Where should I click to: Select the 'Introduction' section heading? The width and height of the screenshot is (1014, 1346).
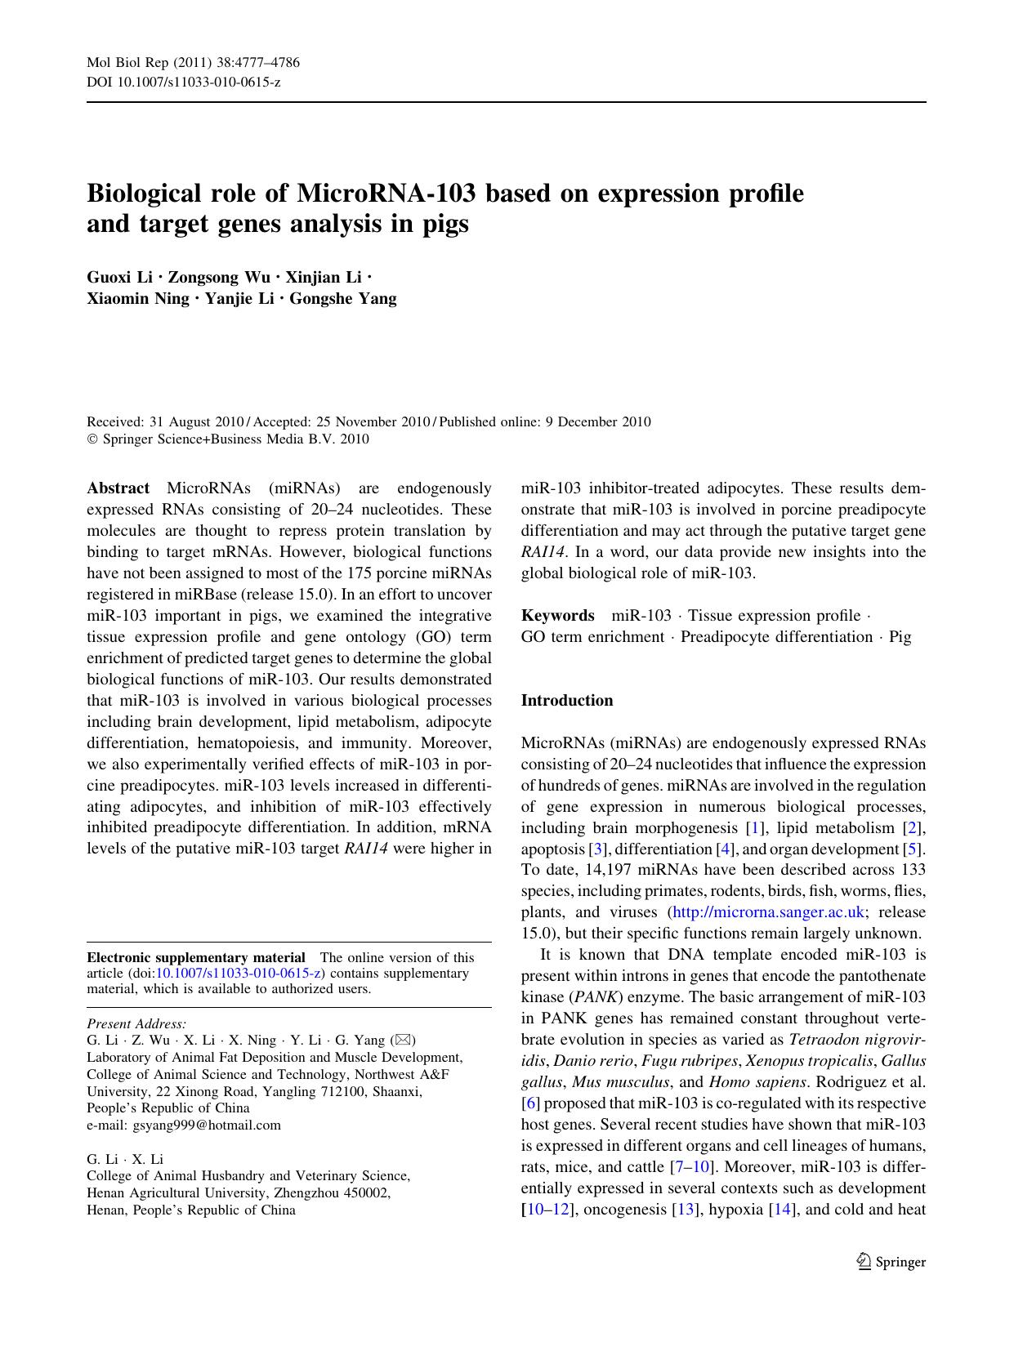tap(567, 700)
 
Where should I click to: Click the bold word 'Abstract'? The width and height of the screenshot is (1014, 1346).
tap(118, 488)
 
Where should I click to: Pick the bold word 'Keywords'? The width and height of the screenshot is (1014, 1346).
tap(557, 615)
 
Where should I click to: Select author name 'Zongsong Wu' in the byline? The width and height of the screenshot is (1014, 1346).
tap(219, 277)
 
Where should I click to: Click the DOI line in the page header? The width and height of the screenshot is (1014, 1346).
tap(184, 82)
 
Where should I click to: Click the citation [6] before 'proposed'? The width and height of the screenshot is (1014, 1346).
tap(530, 1103)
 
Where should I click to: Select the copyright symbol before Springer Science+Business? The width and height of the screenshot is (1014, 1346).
tap(92, 439)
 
